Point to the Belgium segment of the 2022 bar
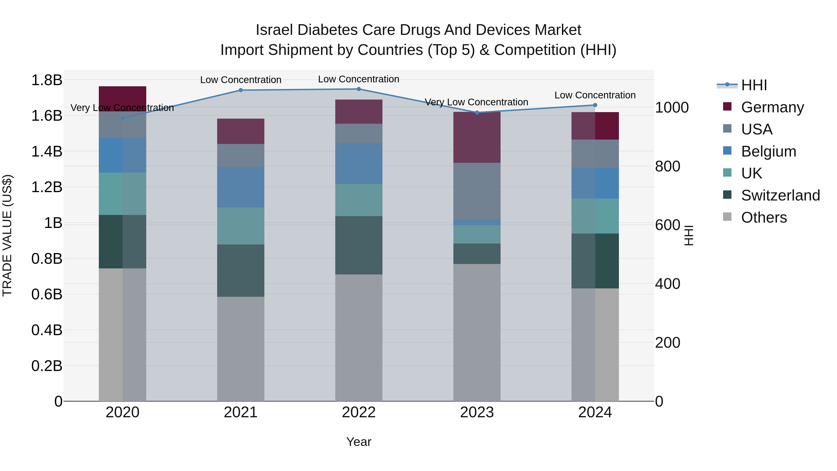(x=359, y=164)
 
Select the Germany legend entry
(x=772, y=107)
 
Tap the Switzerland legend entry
(x=780, y=195)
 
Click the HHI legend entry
(x=754, y=85)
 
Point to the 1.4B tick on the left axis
(x=46, y=151)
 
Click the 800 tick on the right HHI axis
(x=667, y=167)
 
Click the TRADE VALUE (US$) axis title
(x=7, y=235)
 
